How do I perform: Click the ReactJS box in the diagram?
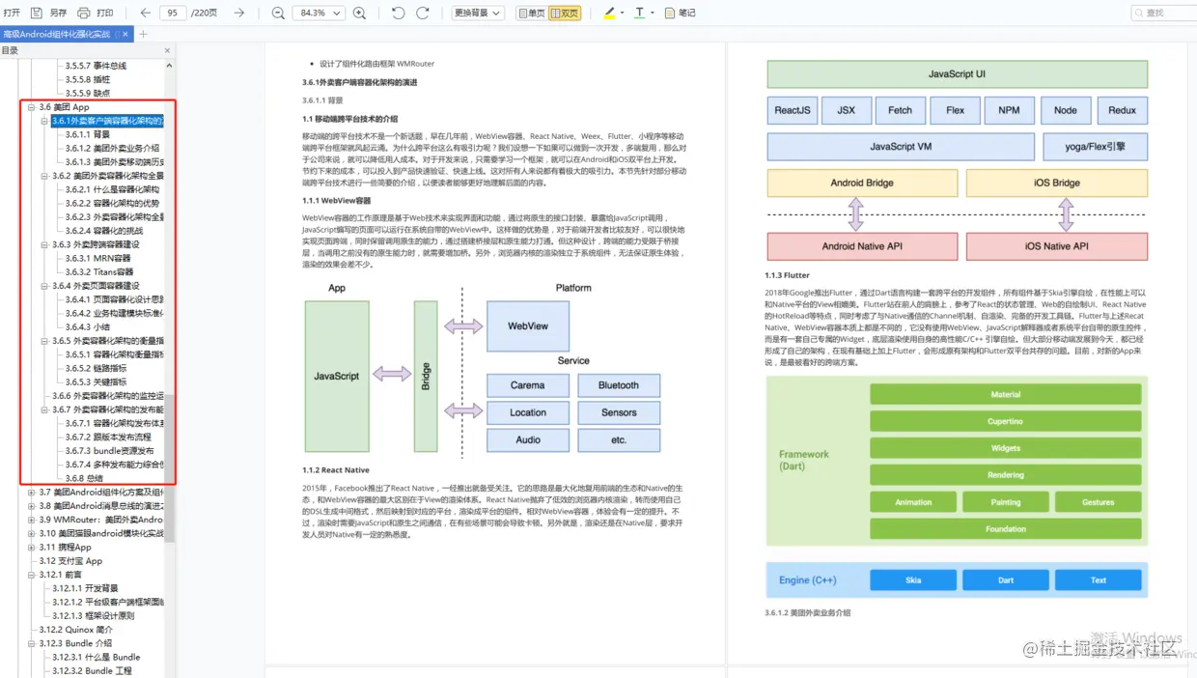(793, 110)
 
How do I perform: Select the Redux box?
(1122, 110)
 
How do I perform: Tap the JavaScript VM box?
(900, 147)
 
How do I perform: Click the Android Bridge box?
(862, 183)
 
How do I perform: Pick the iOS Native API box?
(1056, 246)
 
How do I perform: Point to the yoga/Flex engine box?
(1095, 147)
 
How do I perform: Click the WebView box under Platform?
(528, 326)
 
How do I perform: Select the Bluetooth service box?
(619, 385)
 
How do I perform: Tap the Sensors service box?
(619, 412)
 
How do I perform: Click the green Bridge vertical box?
(426, 376)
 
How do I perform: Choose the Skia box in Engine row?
(913, 580)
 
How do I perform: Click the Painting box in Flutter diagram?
(1005, 502)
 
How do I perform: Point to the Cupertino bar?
(1005, 422)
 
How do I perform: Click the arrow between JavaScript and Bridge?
(392, 374)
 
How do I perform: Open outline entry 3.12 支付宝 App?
(70, 561)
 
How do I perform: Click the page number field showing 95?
(173, 13)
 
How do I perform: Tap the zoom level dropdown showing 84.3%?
(318, 13)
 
